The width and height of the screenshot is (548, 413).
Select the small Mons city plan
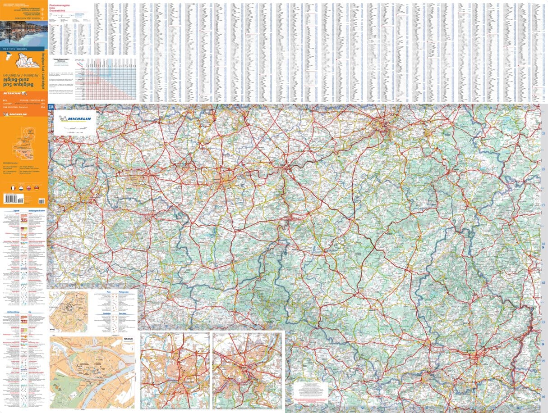click(68, 311)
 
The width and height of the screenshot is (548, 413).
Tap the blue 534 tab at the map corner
click(51, 107)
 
